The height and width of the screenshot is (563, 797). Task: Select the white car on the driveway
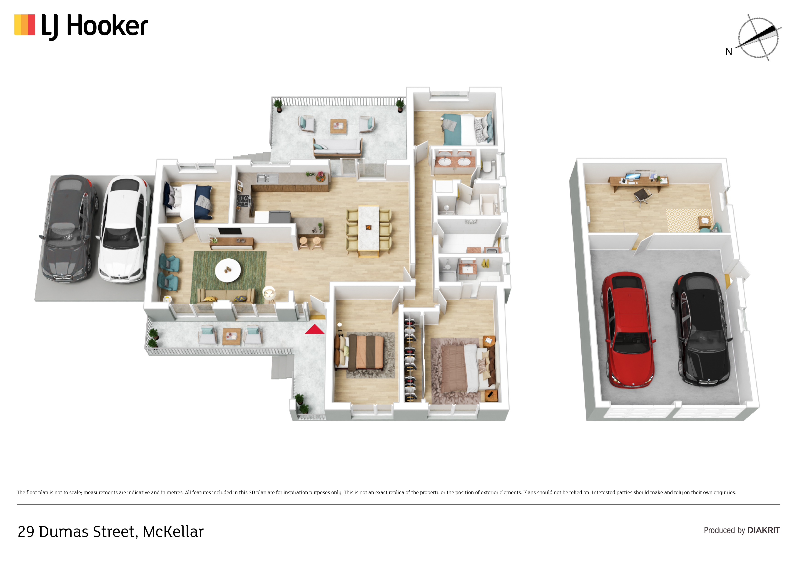(x=124, y=229)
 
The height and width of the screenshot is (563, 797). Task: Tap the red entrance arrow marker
(x=314, y=329)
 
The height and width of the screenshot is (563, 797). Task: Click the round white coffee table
(x=228, y=270)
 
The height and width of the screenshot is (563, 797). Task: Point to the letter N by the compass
(x=729, y=52)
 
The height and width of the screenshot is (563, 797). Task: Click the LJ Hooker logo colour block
(x=25, y=25)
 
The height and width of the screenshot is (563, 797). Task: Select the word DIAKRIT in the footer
(x=764, y=530)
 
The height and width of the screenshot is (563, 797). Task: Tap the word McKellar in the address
(x=173, y=531)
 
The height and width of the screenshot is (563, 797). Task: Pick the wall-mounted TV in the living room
(x=230, y=231)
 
